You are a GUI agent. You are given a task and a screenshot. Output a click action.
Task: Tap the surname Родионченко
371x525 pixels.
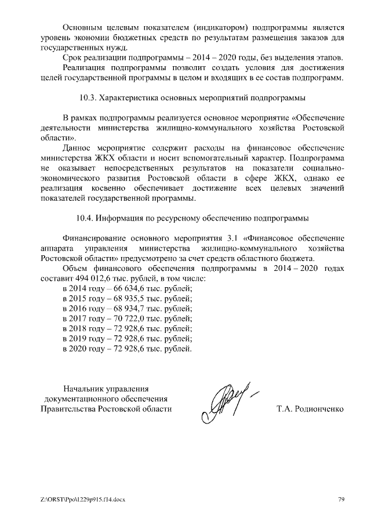319,409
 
